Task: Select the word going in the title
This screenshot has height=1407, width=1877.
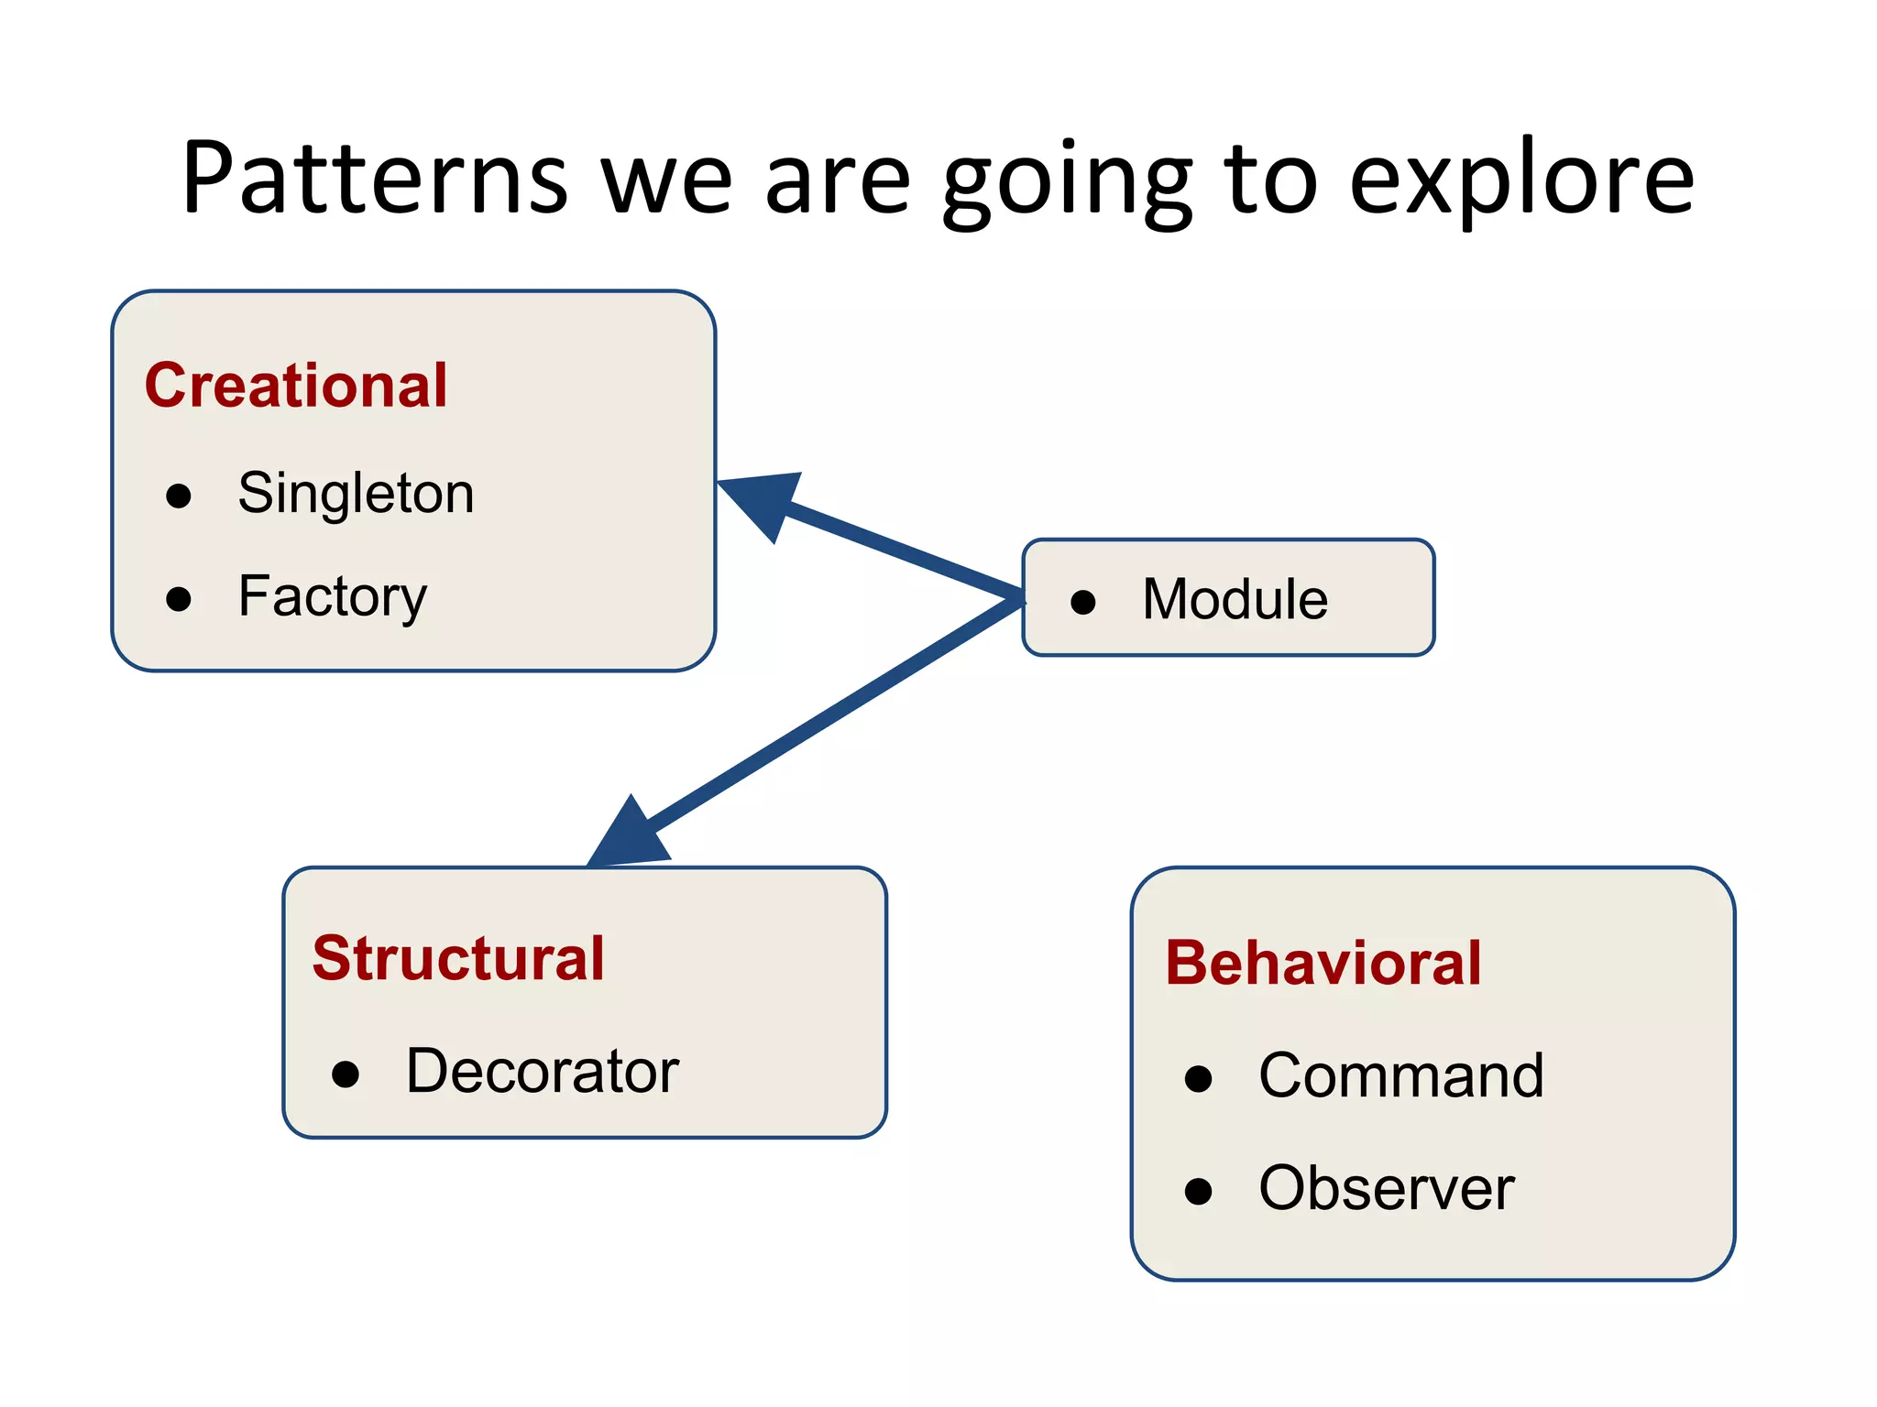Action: click(1067, 182)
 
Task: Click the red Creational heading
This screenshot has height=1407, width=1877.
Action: click(296, 385)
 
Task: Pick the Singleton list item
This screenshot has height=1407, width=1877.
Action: click(356, 493)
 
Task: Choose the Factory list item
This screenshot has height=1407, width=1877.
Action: click(332, 596)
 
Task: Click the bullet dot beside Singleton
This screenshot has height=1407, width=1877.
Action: click(179, 496)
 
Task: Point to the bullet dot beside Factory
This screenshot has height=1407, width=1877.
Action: click(179, 599)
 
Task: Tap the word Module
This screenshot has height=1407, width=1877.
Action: click(1235, 599)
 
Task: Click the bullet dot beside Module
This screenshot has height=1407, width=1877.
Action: click(1083, 602)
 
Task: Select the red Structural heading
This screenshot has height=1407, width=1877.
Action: click(458, 958)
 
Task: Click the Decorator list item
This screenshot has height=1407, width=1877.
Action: click(543, 1070)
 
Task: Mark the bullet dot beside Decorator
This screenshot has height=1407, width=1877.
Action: click(346, 1074)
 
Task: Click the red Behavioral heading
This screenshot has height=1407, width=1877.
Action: click(1323, 963)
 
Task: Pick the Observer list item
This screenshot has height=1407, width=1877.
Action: click(1387, 1188)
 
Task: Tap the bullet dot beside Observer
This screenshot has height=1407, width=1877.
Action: click(1198, 1191)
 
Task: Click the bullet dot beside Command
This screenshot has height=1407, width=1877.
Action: click(1198, 1078)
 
